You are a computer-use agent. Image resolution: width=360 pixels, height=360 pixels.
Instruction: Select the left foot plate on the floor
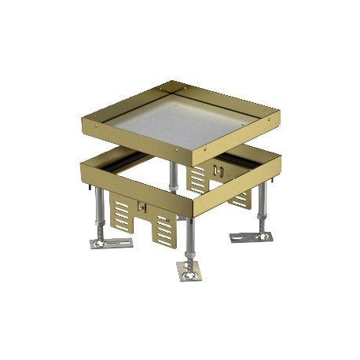pos(111,239)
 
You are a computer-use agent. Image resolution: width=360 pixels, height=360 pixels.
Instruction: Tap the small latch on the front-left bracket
pos(141,208)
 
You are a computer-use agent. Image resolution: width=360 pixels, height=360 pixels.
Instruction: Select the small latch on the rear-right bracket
pos(220,171)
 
